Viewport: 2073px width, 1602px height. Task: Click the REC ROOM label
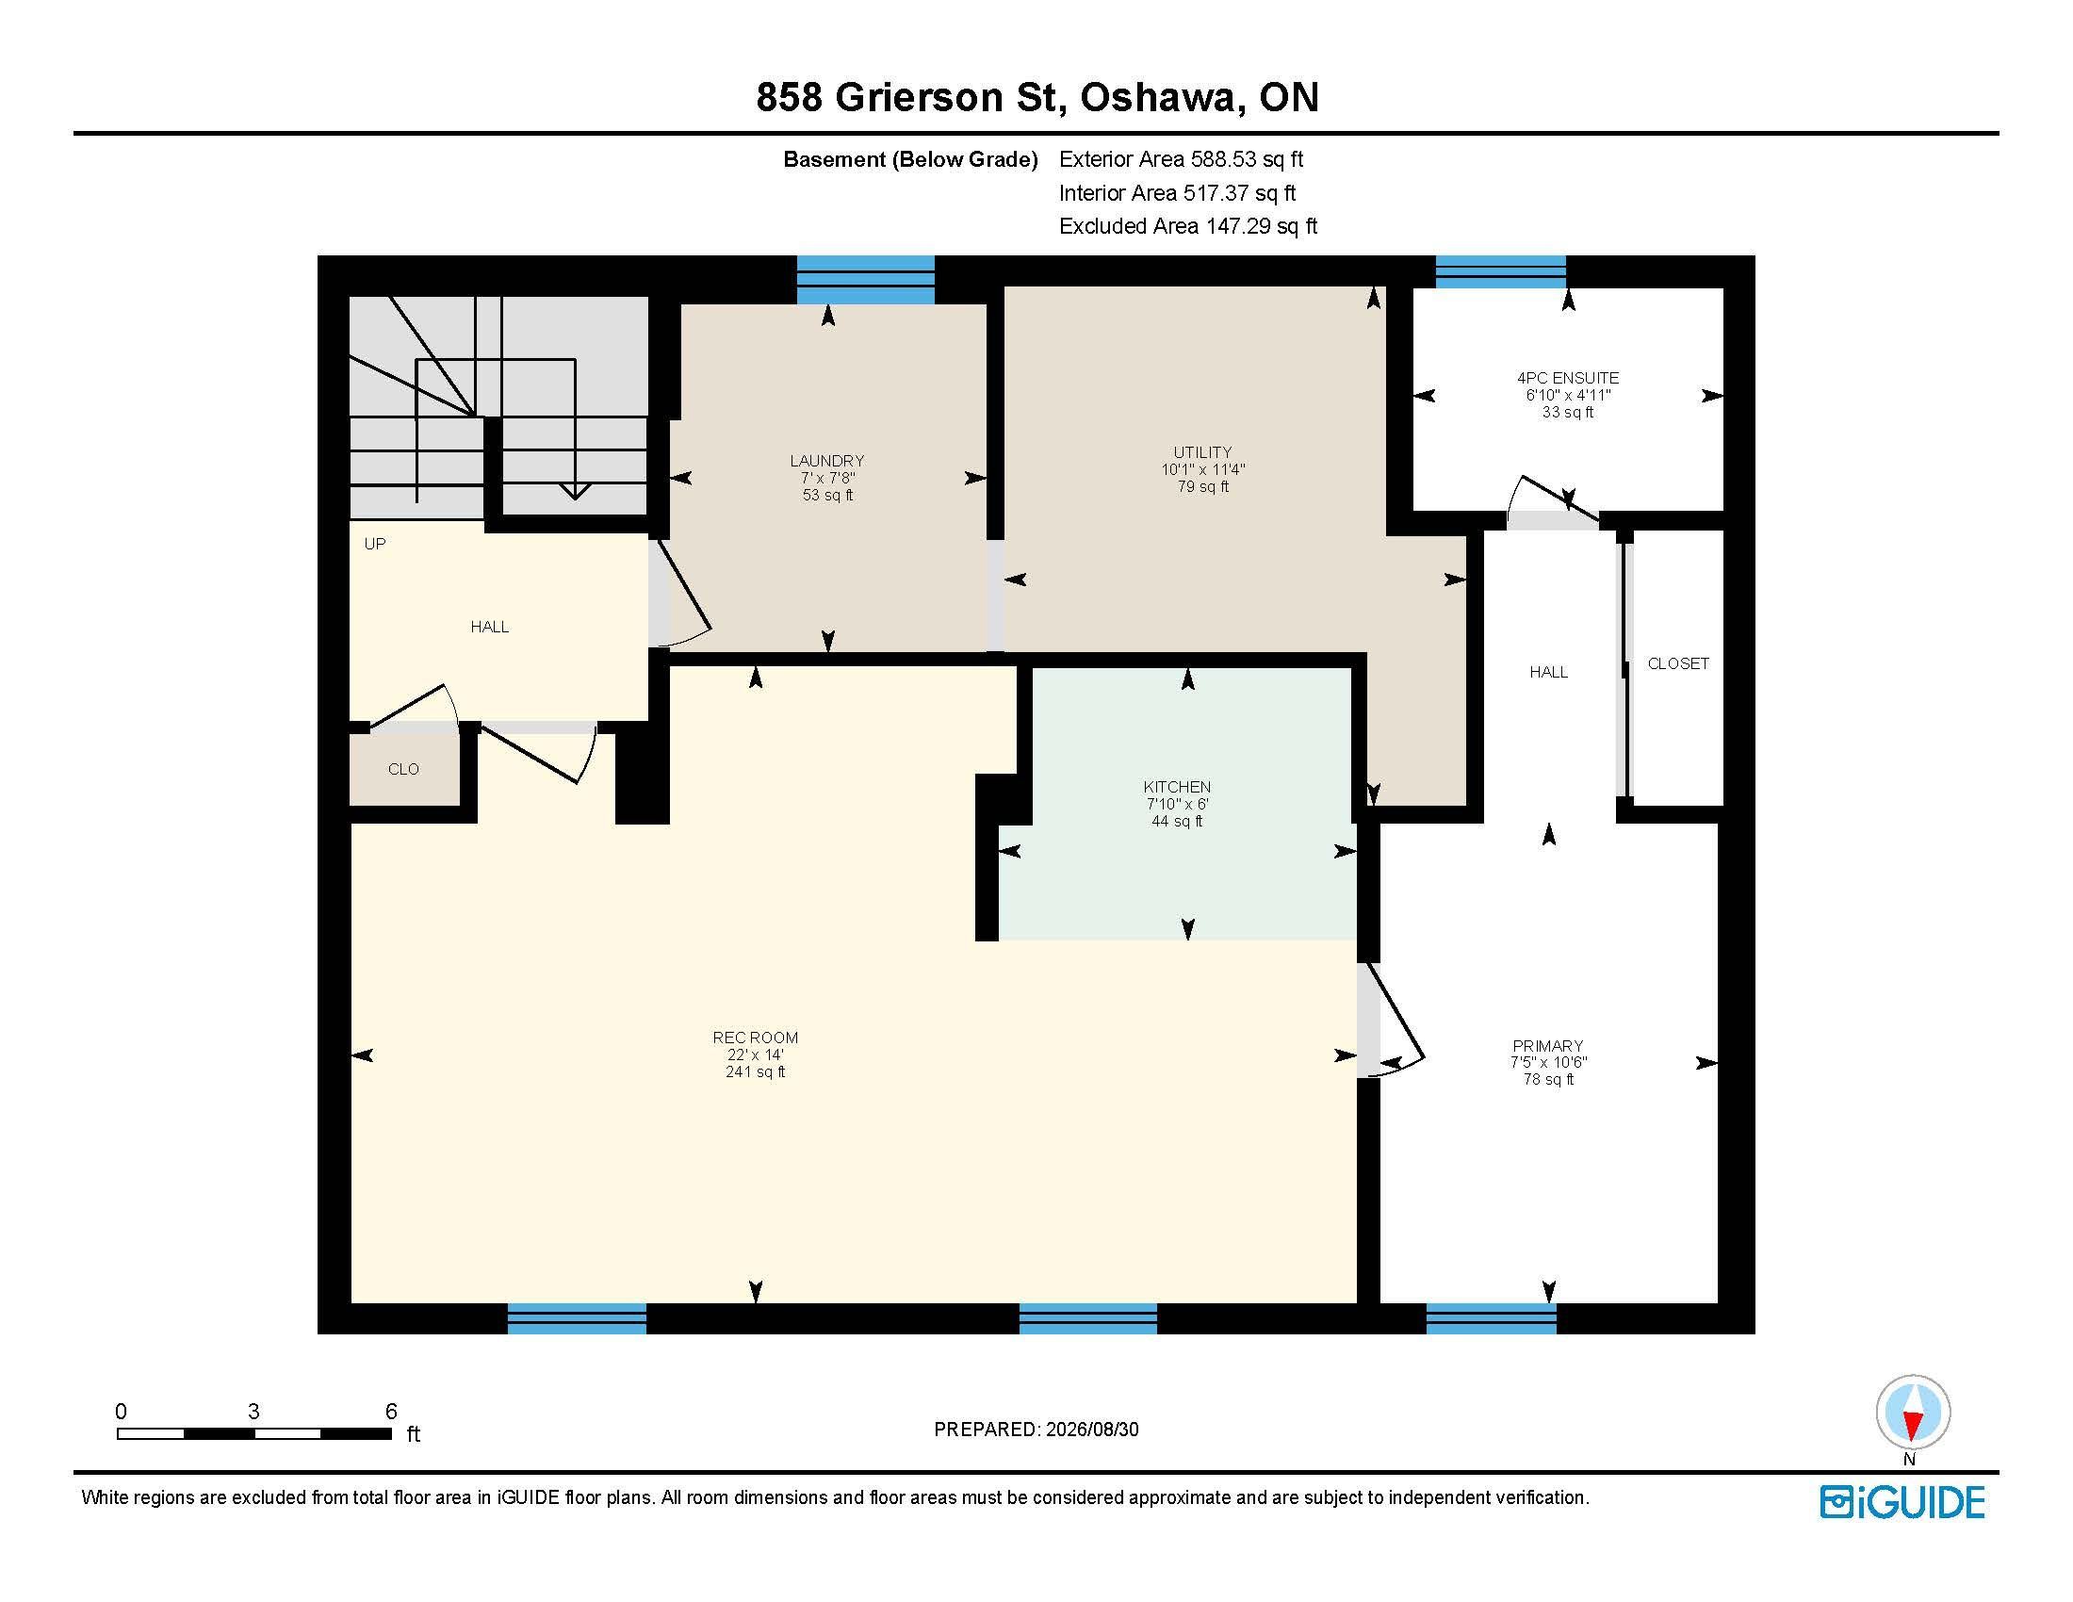point(756,1038)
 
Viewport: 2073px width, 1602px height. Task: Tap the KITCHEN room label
point(1177,787)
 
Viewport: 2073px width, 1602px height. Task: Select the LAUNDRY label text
point(826,461)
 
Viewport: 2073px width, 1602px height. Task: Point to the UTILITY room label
point(1202,452)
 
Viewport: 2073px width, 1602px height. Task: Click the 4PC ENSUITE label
point(1568,378)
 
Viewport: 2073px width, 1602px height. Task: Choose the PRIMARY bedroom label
point(1548,1046)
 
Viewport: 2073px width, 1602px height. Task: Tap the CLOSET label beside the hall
point(1678,663)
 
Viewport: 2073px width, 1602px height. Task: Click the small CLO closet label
point(403,769)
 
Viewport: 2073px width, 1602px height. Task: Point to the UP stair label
point(375,544)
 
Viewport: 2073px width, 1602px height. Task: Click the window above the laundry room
point(866,279)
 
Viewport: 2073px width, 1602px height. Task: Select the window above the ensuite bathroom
point(1501,271)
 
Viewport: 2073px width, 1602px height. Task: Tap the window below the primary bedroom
point(1492,1318)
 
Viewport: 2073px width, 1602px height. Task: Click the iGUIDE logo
point(1902,1502)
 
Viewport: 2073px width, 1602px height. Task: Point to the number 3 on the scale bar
point(253,1412)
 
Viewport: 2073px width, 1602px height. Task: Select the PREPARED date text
point(1036,1430)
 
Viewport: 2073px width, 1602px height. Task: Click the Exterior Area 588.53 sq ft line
point(1182,159)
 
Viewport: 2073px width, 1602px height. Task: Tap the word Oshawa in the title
point(1162,98)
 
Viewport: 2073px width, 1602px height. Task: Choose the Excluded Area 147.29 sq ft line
point(1188,226)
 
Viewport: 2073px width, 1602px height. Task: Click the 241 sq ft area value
point(756,1071)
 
